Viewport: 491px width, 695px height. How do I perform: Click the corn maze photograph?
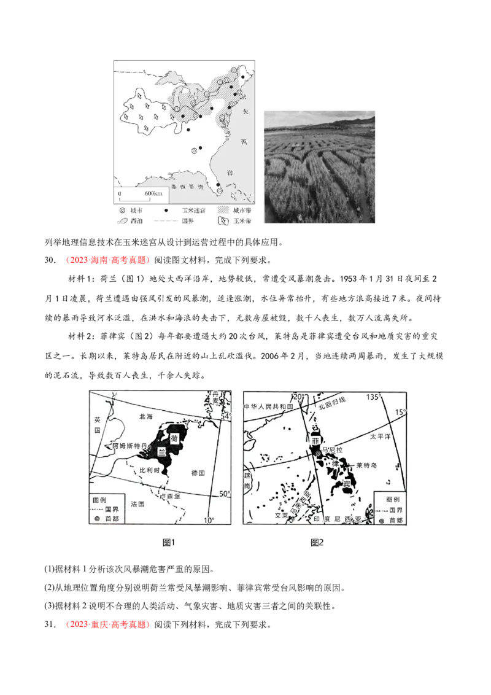tap(319, 166)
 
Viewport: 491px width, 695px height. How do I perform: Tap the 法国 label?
tap(141, 503)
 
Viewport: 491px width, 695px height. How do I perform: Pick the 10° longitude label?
tap(209, 520)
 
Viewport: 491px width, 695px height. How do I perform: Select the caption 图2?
tap(317, 542)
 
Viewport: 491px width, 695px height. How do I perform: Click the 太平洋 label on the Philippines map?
tap(380, 437)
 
